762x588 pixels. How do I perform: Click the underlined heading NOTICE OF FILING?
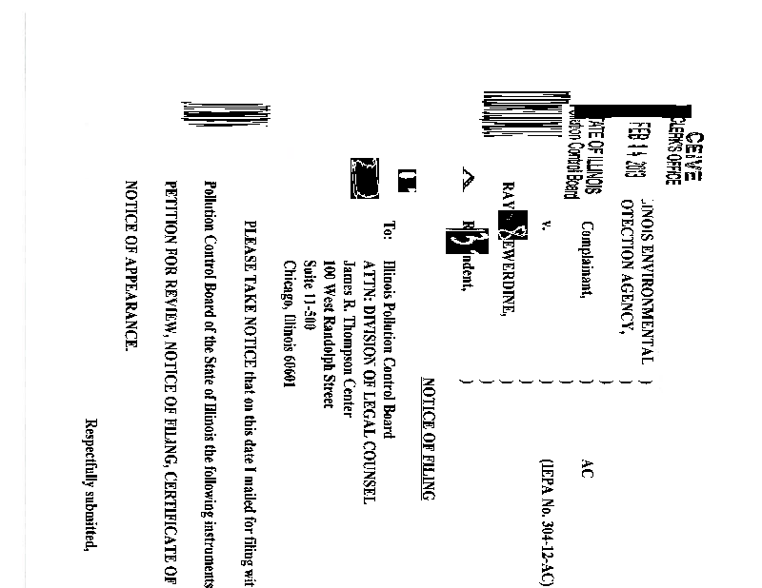tap(428, 440)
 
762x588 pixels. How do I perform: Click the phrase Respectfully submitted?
tap(91, 487)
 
